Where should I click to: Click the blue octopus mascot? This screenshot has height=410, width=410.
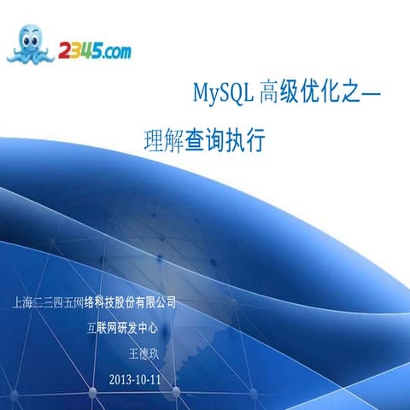tap(32, 44)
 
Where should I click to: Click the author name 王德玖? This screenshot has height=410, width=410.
tap(143, 353)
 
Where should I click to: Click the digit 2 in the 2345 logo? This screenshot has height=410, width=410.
tap(66, 52)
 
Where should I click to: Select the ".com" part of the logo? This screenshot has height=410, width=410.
tap(117, 53)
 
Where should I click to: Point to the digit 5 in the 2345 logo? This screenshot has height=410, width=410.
tap(98, 51)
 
